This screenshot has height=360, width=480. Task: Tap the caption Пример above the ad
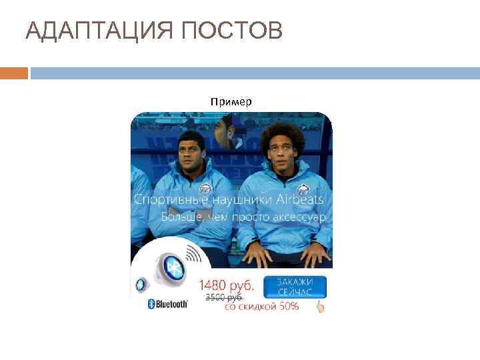click(231, 102)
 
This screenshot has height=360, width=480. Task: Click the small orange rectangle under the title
click(14, 73)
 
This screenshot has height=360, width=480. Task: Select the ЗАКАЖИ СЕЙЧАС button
click(295, 287)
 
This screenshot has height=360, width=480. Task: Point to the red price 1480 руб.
click(226, 285)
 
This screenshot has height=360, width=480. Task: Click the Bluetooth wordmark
click(168, 303)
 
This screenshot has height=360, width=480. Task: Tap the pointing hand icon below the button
click(320, 307)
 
